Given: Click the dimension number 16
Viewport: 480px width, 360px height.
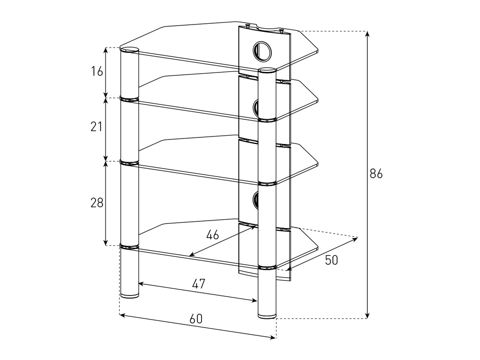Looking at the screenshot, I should click(x=97, y=72).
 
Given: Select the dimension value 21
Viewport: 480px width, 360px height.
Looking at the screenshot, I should click(x=96, y=127).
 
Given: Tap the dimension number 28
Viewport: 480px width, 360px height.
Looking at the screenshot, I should click(x=97, y=203).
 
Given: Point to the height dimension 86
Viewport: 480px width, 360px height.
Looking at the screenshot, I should click(x=376, y=174).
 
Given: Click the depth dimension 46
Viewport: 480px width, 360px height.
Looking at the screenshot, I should click(x=212, y=235).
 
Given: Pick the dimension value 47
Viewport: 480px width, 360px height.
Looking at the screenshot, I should click(x=198, y=284).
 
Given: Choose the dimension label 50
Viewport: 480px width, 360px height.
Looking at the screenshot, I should click(x=331, y=260).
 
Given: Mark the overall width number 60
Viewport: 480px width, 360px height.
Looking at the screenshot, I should click(x=196, y=319).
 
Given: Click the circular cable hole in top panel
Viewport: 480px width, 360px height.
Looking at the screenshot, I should click(x=261, y=50).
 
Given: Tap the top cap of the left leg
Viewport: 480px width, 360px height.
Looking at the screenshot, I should click(x=130, y=50).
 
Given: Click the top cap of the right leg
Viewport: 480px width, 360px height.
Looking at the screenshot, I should click(x=267, y=71).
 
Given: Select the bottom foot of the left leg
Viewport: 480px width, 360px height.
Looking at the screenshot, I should click(x=130, y=296).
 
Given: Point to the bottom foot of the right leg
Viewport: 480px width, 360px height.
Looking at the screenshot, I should click(x=267, y=316).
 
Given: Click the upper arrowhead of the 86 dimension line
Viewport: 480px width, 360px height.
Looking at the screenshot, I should click(x=367, y=33).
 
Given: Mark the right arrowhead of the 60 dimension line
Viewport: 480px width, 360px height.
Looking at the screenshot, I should click(x=274, y=337).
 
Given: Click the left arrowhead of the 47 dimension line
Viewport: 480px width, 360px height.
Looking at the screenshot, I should click(x=141, y=284).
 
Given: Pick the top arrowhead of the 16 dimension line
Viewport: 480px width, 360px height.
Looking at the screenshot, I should click(x=106, y=49).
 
